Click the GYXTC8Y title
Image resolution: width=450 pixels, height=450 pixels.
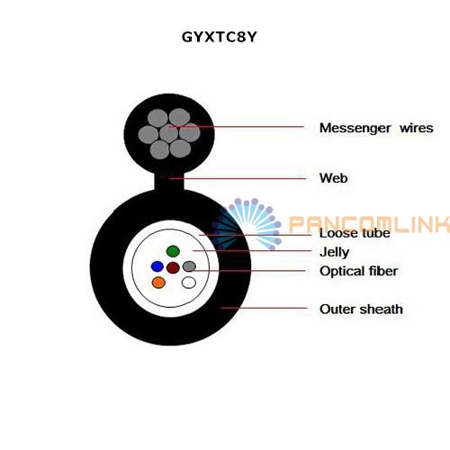(x=220, y=37)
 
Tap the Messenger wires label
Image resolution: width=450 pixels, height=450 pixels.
(x=376, y=128)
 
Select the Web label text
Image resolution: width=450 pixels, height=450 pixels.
(x=334, y=178)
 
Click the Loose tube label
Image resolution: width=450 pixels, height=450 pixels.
(x=355, y=233)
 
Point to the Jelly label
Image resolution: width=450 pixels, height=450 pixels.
(x=335, y=252)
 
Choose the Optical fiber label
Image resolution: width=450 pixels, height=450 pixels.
(x=359, y=271)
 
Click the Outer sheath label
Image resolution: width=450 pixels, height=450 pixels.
(x=361, y=310)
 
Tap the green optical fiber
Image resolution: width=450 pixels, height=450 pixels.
(x=173, y=251)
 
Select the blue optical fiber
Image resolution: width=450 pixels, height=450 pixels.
(x=157, y=266)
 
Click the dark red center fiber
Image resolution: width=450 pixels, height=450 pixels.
(x=173, y=267)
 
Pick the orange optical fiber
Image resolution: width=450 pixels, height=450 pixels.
(x=158, y=283)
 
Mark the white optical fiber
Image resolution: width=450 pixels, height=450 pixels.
(x=189, y=283)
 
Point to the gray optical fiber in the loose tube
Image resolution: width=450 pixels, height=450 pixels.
(x=189, y=266)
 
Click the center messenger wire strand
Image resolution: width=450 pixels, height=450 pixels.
(x=169, y=133)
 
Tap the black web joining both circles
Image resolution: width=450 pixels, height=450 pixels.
(x=168, y=182)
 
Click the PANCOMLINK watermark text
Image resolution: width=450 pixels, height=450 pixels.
(x=369, y=224)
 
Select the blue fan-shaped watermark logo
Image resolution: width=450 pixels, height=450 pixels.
(x=246, y=224)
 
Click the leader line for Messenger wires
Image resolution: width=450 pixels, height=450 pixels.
(x=236, y=127)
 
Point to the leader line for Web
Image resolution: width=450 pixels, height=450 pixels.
(x=238, y=178)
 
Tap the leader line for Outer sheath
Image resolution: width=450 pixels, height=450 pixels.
(x=264, y=308)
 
